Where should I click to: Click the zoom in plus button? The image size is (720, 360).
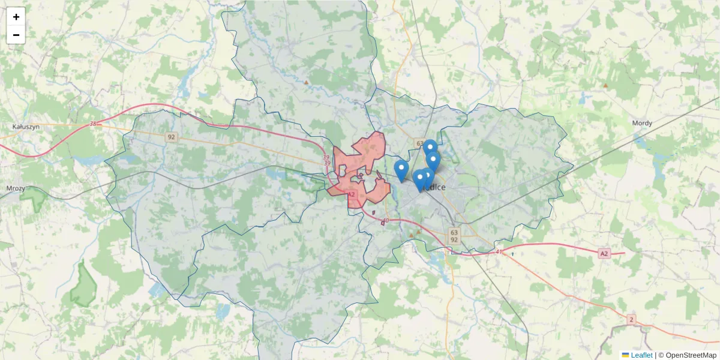16,17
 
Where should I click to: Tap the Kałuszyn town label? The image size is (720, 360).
25,127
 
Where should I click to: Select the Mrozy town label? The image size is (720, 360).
15,188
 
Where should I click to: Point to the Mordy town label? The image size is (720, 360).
642,123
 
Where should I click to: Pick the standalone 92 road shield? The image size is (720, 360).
172,137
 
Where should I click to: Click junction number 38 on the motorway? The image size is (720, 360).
93,124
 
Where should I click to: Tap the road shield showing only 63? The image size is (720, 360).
419,143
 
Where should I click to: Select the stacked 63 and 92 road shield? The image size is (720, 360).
454,236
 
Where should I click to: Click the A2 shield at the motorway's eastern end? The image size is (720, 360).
604,254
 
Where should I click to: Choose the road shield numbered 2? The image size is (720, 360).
631,320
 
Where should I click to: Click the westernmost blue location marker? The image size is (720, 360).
401,169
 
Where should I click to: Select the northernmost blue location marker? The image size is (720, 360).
430,148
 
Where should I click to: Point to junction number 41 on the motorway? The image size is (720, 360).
499,251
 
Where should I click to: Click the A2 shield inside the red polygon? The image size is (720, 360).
352,194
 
